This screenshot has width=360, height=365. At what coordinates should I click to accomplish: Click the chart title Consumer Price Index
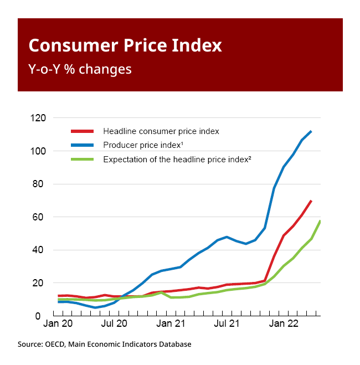point(125,45)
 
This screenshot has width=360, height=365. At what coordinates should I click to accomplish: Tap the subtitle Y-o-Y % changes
point(80,69)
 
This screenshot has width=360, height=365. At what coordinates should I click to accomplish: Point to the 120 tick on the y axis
point(39,118)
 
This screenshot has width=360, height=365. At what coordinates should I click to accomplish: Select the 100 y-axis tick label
point(39,151)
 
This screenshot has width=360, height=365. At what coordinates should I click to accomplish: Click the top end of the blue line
point(311,131)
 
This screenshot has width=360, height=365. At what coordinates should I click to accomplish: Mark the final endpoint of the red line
point(311,201)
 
